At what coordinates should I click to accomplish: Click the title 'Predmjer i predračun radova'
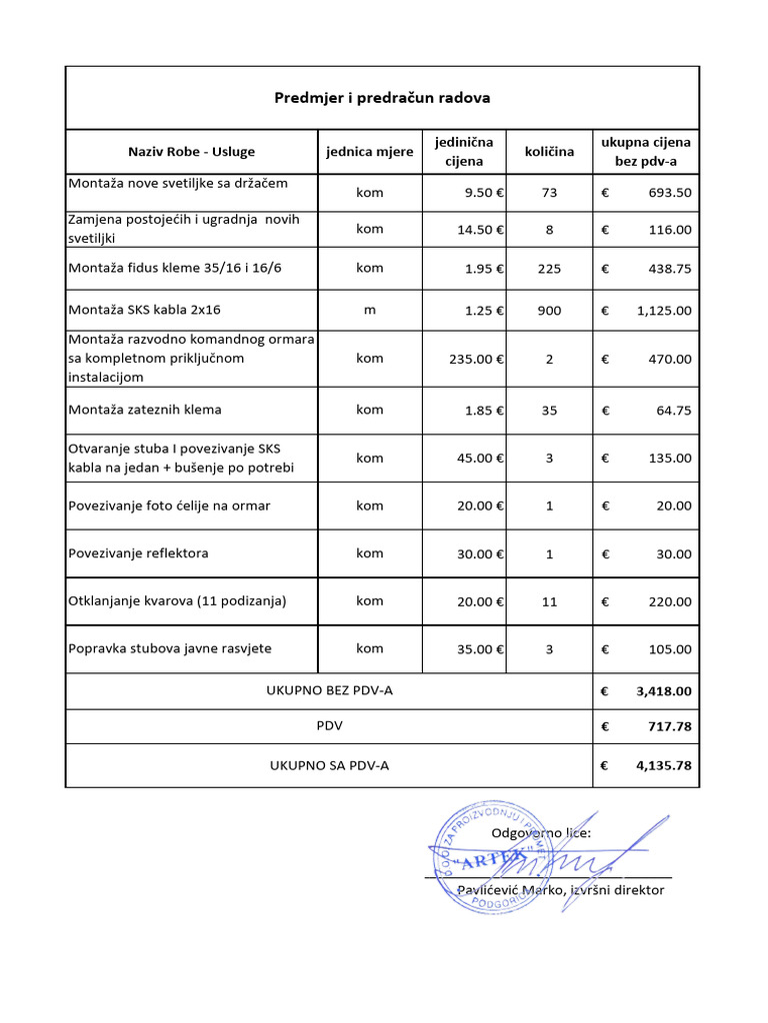point(382,98)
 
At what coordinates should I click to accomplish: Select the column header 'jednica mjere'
point(369,152)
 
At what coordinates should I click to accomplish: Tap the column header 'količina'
point(549,152)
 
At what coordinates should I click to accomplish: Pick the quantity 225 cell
point(549,269)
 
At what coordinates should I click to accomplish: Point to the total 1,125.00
point(663,311)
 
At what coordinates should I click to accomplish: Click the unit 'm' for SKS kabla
point(369,311)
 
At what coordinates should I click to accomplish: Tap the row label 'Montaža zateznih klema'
point(145,410)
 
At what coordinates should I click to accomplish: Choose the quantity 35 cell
point(549,410)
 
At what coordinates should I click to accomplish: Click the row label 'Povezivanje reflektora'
point(138,553)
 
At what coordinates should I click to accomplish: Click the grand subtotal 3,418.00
point(663,690)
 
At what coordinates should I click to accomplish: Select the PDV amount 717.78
point(669,726)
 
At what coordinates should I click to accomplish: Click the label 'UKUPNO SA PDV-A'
point(329,766)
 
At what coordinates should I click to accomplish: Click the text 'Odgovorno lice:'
point(540,833)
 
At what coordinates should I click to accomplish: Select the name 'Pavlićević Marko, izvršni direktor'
point(560,890)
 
